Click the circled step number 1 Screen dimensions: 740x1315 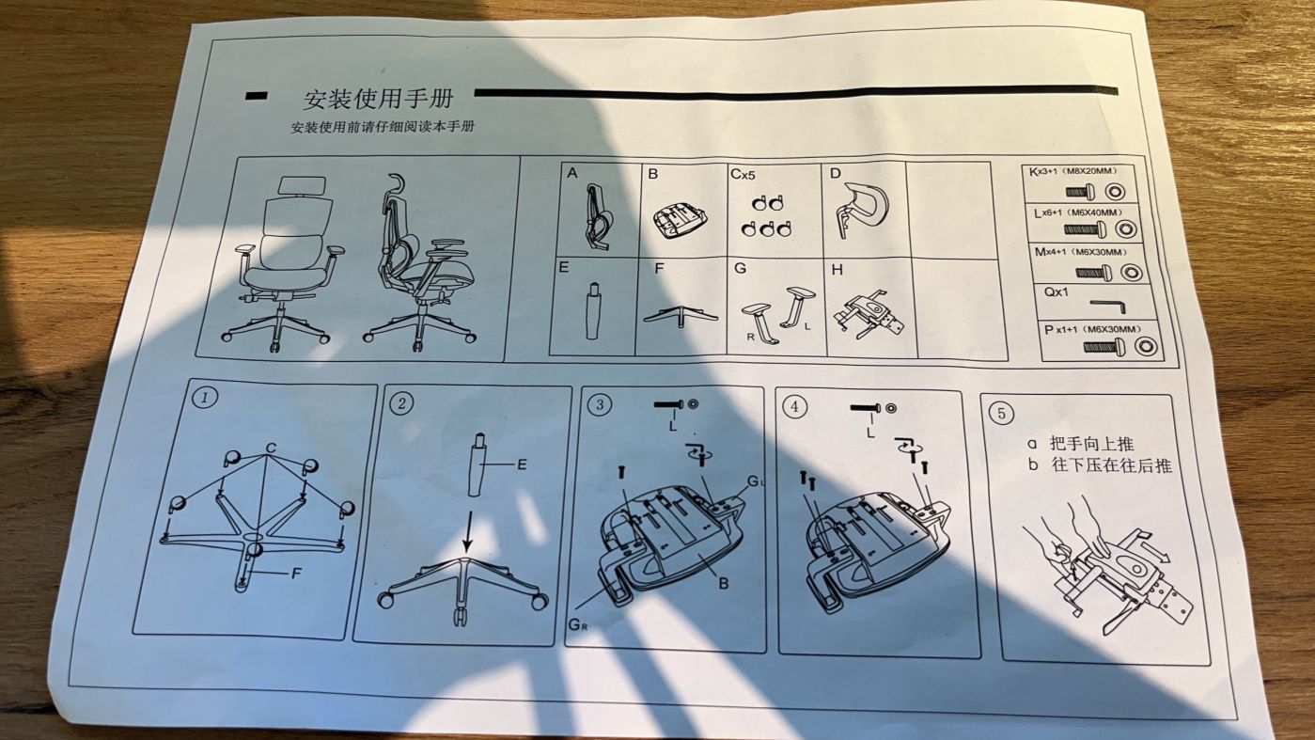pos(205,397)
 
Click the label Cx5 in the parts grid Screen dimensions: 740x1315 pos(743,174)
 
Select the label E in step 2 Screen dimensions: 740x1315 pos(522,464)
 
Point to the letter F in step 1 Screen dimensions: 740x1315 pos(296,573)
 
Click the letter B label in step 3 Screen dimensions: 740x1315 pos(723,583)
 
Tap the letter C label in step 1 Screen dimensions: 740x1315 pos(271,449)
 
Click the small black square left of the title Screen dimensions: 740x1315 pos(255,96)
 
